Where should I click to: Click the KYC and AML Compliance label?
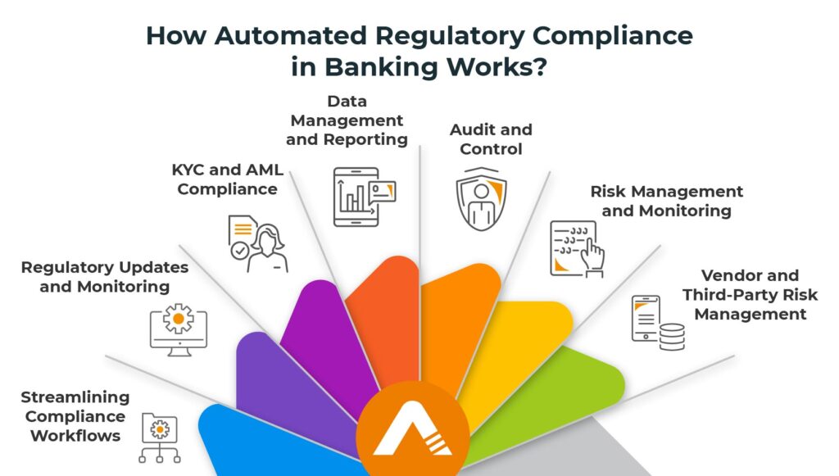point(228,180)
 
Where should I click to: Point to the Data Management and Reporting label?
point(347,120)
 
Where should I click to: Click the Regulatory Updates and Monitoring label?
point(105,277)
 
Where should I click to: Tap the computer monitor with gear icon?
point(178,330)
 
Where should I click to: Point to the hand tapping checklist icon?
point(577,248)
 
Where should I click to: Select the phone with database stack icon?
point(657,322)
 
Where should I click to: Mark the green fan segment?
point(565,385)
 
